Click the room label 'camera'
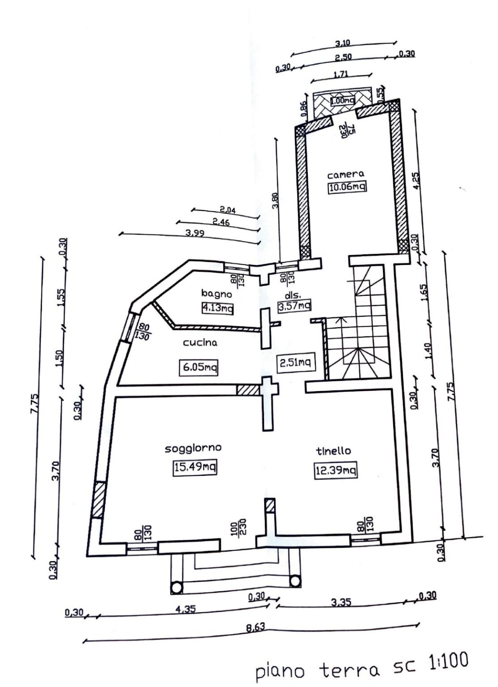pos(345,175)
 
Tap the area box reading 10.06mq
pos(347,187)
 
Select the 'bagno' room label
pos(216,294)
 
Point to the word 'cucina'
pos(200,343)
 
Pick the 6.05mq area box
pos(197,367)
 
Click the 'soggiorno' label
pos(194,448)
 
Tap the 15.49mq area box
pos(195,468)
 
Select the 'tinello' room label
pos(333,451)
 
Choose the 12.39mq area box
pos(336,470)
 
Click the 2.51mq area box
pos(295,362)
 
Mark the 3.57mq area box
pos(294,306)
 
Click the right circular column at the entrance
pos(295,581)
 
